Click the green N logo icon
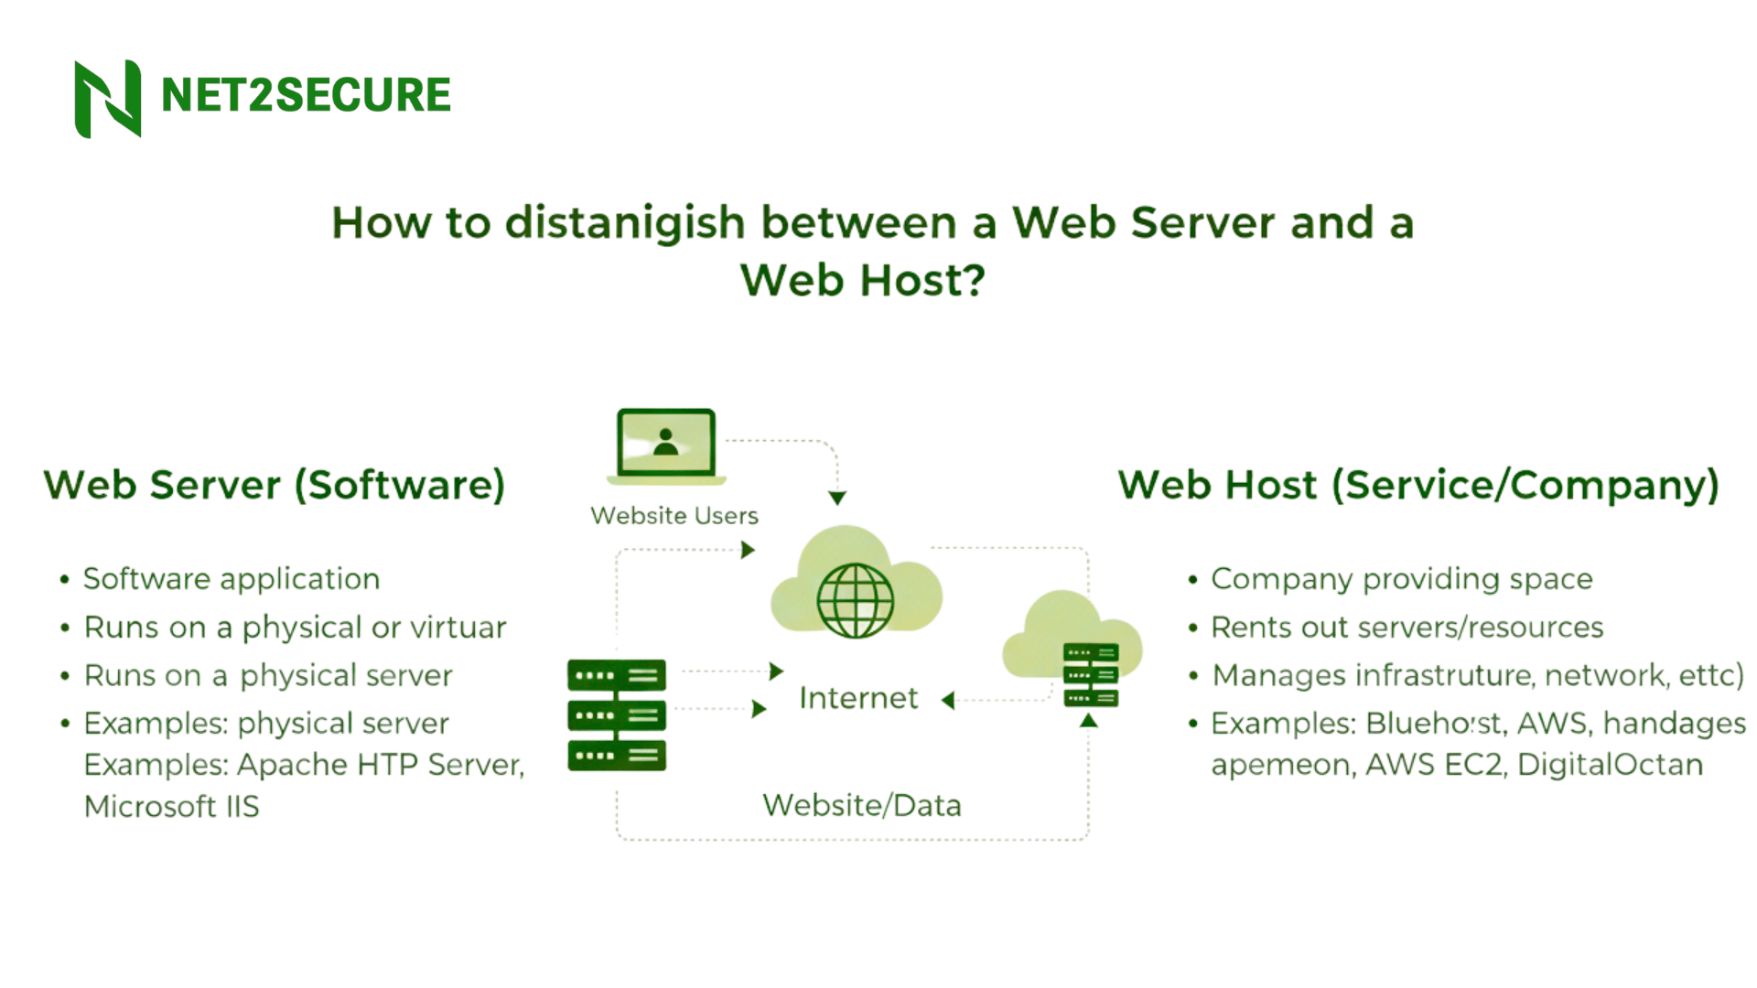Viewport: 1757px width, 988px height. (x=108, y=98)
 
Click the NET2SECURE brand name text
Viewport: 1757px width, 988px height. (x=306, y=95)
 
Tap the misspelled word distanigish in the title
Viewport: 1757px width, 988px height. (x=625, y=223)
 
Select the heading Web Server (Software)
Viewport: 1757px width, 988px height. (x=275, y=485)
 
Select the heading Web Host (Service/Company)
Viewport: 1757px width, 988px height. (x=1418, y=485)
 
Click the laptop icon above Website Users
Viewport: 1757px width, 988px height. (x=666, y=446)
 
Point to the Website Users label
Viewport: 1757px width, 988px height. (x=674, y=516)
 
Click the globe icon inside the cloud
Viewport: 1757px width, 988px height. (x=855, y=600)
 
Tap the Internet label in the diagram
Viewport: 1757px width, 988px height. (x=857, y=698)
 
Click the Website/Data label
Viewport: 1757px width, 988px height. (x=862, y=805)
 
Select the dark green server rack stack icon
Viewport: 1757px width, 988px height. (x=617, y=714)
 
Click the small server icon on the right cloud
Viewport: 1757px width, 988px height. (x=1091, y=675)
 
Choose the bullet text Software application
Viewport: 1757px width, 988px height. (x=232, y=579)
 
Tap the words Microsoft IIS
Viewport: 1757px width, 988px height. (x=172, y=807)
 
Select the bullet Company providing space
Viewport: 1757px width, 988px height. (x=1401, y=579)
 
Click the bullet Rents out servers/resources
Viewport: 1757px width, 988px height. (x=1407, y=628)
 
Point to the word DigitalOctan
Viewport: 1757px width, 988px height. (x=1610, y=765)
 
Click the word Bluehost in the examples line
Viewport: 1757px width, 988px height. (x=1433, y=724)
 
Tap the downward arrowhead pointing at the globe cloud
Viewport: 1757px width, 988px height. (x=837, y=498)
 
